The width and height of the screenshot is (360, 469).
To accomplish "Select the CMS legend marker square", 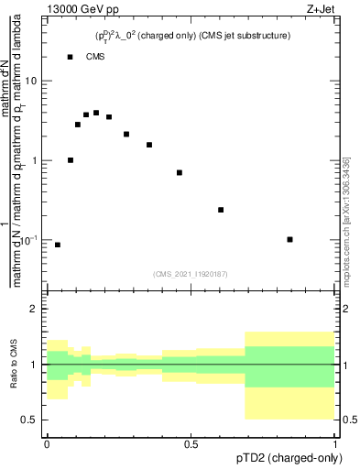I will [x=71, y=57].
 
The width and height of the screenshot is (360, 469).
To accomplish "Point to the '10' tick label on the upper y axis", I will [x=31, y=81].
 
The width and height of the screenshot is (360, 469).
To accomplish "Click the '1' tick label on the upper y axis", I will [x=35, y=160].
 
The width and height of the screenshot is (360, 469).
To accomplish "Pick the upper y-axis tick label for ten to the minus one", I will [x=29, y=240].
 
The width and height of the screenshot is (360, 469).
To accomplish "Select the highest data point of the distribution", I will [x=96, y=113].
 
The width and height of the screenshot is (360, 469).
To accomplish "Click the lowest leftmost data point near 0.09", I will [x=58, y=245].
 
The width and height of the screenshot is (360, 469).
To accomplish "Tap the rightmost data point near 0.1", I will [x=289, y=239].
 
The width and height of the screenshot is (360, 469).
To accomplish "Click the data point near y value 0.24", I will [x=221, y=210].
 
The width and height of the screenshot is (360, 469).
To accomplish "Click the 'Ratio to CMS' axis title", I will [x=15, y=365].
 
